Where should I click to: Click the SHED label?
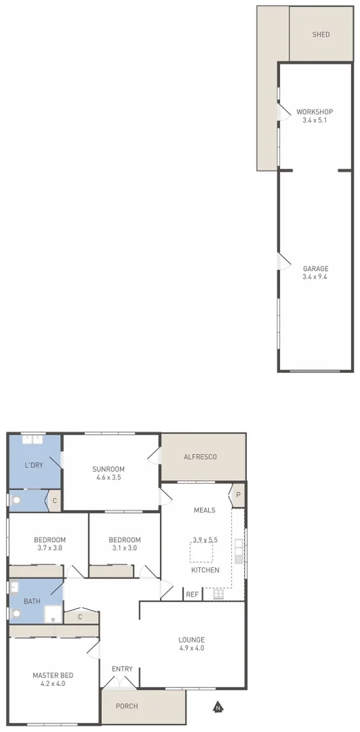[321, 34]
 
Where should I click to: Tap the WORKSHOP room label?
[314, 112]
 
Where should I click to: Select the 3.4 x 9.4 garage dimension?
[314, 277]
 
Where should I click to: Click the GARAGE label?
[314, 269]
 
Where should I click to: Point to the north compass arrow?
[218, 707]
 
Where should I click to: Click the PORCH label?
[127, 706]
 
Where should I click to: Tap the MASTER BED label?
[53, 675]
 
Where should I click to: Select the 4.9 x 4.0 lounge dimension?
[191, 648]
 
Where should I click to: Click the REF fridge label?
[192, 594]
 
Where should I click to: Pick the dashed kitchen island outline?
[202, 551]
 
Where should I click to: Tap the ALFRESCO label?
[201, 456]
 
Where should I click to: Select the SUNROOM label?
[109, 469]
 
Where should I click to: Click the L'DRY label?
[34, 465]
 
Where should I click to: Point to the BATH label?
[32, 602]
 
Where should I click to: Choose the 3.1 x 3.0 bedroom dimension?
[124, 548]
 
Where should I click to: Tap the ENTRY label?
[122, 669]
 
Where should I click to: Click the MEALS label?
[205, 511]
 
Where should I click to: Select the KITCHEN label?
[206, 570]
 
